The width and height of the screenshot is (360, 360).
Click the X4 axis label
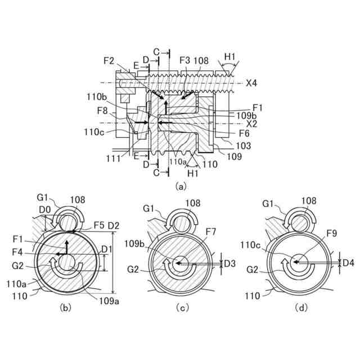tap(251, 83)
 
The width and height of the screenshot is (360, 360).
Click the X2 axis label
tap(251, 124)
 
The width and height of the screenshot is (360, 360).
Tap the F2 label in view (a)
tap(109, 61)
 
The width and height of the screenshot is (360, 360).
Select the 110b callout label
tap(97, 97)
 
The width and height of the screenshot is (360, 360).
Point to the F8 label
tap(102, 111)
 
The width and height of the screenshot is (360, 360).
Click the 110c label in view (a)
tap(94, 132)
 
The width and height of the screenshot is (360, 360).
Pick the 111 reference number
tap(114, 159)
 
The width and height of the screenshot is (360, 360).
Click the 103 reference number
tap(244, 146)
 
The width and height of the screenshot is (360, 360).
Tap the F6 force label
tap(244, 133)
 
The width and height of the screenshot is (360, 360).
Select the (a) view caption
tap(181, 186)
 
